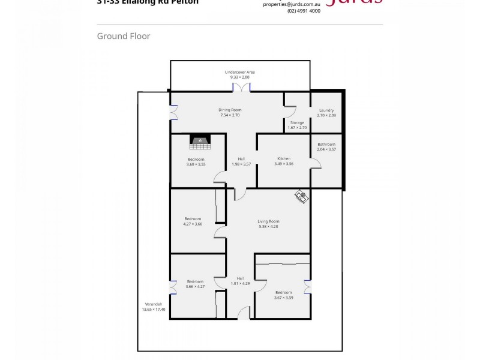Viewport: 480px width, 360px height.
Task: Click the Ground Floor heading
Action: [x=124, y=36]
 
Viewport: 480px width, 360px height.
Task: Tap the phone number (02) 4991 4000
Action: [x=304, y=11]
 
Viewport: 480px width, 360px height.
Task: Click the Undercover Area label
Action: [x=239, y=72]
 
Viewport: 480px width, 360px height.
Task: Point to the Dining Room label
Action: [x=229, y=110]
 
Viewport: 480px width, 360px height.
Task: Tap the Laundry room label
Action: [x=326, y=110]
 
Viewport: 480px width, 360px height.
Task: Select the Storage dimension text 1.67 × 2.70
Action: [x=297, y=128]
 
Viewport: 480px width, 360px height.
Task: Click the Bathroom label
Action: [x=326, y=144]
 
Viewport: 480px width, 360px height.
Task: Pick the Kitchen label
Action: [x=283, y=158]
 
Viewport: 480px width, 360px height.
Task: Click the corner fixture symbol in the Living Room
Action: [x=301, y=196]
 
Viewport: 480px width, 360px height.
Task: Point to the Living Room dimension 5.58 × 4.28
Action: [x=268, y=226]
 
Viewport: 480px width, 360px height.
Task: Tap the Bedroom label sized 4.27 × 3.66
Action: [x=193, y=224]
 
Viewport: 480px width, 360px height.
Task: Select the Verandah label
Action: [x=153, y=304]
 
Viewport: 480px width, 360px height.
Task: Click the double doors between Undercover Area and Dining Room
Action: [x=241, y=88]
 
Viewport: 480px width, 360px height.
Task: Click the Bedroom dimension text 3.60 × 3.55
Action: [x=196, y=164]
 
